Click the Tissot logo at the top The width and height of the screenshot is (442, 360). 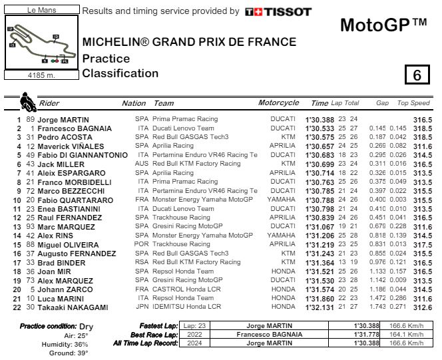point(278,11)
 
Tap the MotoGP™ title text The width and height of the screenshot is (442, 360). point(383,25)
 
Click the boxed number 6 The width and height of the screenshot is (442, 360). point(417,75)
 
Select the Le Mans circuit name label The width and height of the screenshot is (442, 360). point(41,11)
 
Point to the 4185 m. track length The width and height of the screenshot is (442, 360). point(41,76)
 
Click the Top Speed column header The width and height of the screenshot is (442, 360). point(413,103)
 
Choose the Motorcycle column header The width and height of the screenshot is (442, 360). point(278,103)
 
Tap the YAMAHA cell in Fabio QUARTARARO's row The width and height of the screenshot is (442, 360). point(281,199)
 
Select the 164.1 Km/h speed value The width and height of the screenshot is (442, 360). point(407,334)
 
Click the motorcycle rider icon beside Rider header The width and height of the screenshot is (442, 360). point(28,102)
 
